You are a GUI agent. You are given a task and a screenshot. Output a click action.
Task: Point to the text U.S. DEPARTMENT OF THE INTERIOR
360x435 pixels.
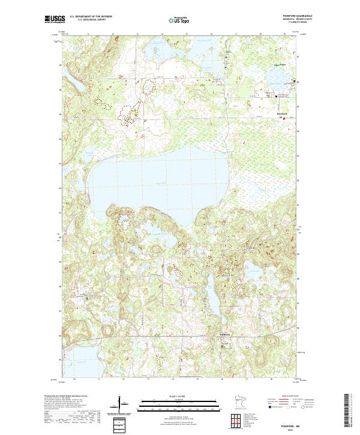click(x=91, y=17)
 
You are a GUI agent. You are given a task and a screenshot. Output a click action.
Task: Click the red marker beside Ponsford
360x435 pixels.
click(x=284, y=118)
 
